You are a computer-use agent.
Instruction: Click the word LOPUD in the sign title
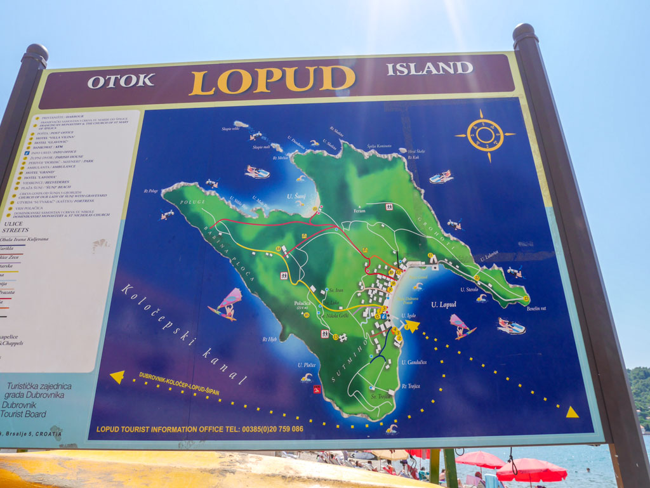tap(272, 81)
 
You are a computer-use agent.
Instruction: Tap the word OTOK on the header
tap(121, 81)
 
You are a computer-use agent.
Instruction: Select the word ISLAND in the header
tap(429, 68)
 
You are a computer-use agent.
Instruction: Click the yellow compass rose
tap(485, 135)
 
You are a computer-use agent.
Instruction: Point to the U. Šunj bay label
tap(296, 197)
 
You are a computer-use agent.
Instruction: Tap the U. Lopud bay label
tap(443, 305)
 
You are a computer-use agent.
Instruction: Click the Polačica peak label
tap(302, 304)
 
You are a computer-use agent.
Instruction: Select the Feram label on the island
tap(360, 210)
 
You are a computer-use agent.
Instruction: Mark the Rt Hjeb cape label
tap(270, 340)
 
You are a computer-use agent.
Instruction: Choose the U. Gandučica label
tap(414, 362)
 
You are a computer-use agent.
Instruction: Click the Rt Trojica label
tap(410, 386)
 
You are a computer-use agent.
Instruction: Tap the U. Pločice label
tap(307, 365)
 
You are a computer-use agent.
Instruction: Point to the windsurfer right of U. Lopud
tap(461, 326)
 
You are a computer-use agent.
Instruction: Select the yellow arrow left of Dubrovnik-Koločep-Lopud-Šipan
tap(117, 376)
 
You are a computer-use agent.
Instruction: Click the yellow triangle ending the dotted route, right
tap(572, 412)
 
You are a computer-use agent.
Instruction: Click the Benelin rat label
tap(536, 309)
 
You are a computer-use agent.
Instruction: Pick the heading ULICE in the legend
tap(13, 223)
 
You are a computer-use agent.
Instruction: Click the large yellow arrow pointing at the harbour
tap(412, 326)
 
